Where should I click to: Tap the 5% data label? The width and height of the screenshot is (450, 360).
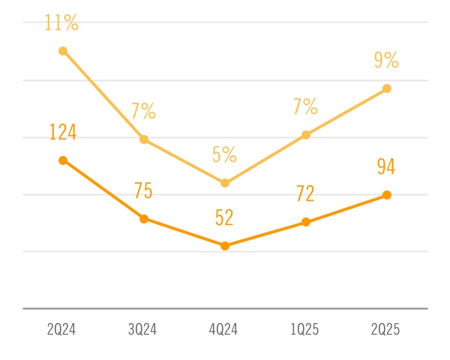pyautogui.click(x=224, y=155)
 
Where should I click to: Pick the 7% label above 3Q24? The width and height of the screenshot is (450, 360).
pyautogui.click(x=143, y=112)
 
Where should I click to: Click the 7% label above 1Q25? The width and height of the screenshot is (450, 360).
pyautogui.click(x=305, y=107)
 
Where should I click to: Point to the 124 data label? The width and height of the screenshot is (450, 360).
pyautogui.click(x=63, y=133)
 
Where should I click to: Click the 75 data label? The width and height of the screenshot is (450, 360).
pyautogui.click(x=143, y=190)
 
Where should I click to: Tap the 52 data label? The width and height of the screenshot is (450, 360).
pyautogui.click(x=224, y=217)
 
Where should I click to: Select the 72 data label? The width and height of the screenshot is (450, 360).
pyautogui.click(x=305, y=194)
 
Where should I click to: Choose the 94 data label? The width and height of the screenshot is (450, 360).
pyautogui.click(x=386, y=166)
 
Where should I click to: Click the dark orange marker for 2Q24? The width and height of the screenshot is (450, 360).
pyautogui.click(x=63, y=160)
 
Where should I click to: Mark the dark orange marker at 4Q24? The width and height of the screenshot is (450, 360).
pyautogui.click(x=224, y=245)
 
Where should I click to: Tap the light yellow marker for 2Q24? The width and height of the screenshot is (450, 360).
pyautogui.click(x=63, y=51)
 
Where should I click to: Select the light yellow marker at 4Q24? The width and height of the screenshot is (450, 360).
pyautogui.click(x=224, y=182)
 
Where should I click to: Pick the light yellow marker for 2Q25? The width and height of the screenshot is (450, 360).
pyautogui.click(x=387, y=88)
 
